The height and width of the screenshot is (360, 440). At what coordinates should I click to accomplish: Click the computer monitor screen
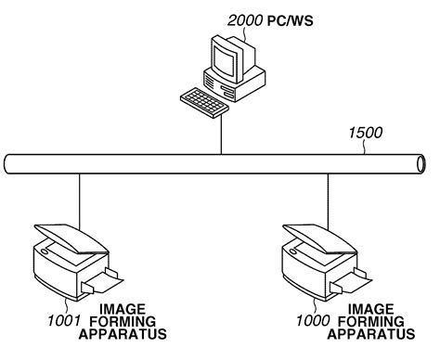(226, 60)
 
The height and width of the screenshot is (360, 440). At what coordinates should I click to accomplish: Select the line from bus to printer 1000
(326, 199)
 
